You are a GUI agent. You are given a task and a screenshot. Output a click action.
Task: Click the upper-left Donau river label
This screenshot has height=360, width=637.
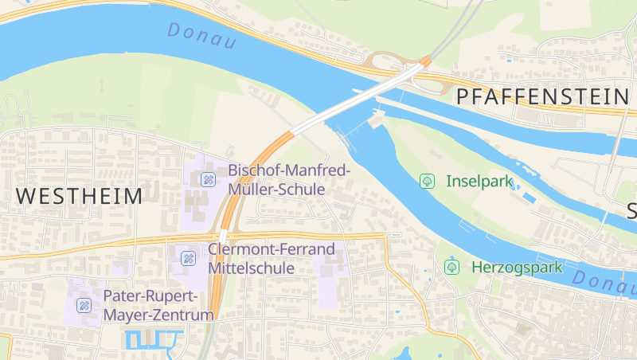[x=202, y=36]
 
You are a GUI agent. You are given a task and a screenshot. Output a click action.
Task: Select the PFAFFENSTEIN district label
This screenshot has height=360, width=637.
[x=542, y=97]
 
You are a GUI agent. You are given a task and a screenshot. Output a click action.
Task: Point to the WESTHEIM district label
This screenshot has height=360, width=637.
[x=79, y=195]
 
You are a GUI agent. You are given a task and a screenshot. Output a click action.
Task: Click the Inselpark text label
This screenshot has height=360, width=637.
[x=479, y=181]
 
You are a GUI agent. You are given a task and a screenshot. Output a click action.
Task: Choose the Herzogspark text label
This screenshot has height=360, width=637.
[x=517, y=267]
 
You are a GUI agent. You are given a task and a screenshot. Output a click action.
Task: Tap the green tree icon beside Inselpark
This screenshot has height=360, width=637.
[x=428, y=181]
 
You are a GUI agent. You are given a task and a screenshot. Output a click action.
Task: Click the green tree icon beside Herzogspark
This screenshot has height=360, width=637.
[x=452, y=267]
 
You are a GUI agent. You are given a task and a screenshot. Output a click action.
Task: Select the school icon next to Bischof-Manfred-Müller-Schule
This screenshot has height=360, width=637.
[x=209, y=179]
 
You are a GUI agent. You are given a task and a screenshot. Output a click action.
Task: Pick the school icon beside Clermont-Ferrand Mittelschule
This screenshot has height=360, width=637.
[x=188, y=258]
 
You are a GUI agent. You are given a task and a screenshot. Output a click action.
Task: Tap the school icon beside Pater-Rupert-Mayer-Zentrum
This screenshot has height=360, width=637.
[x=84, y=305]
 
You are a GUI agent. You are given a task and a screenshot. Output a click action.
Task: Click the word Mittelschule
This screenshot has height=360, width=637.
[x=251, y=268]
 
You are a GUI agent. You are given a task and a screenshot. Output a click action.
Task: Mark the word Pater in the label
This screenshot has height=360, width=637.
[x=122, y=296]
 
